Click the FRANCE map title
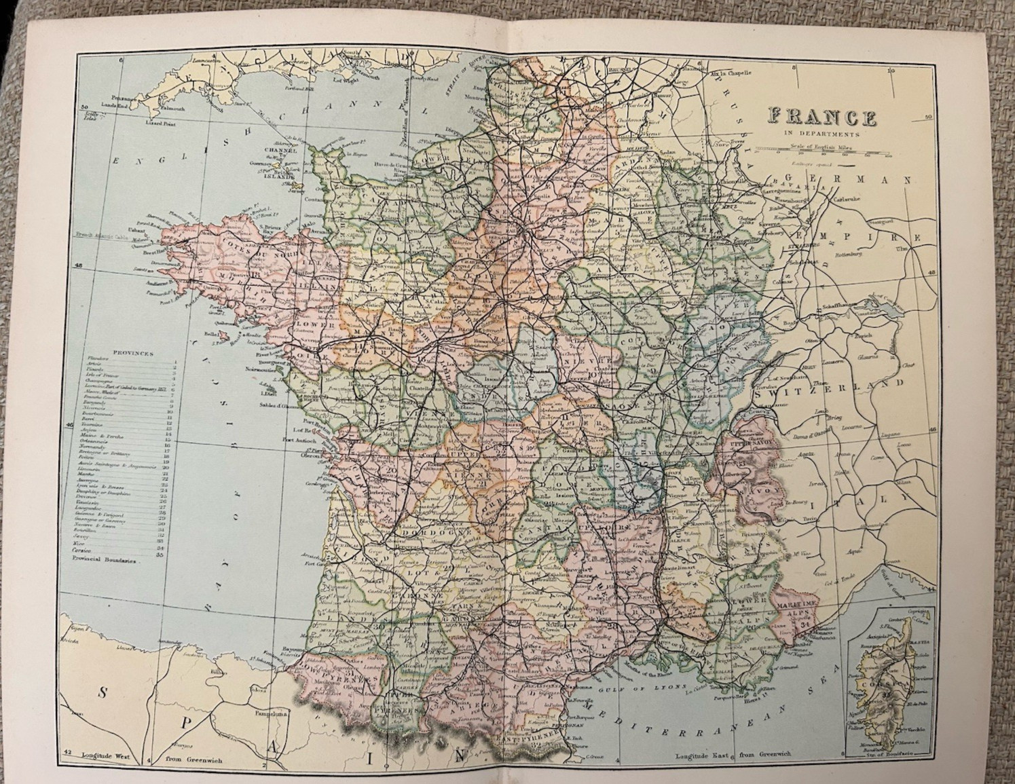tap(822, 117)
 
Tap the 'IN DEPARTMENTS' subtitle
tap(822, 134)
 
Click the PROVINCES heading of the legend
tap(133, 354)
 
